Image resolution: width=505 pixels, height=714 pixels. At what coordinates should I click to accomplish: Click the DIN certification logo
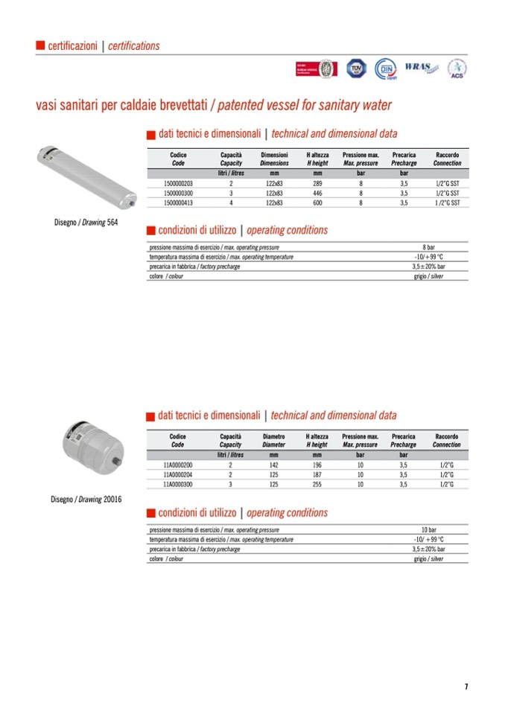pyautogui.click(x=385, y=68)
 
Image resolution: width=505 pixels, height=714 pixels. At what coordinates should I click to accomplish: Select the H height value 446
pyautogui.click(x=317, y=192)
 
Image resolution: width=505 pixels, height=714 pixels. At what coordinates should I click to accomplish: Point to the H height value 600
pyautogui.click(x=317, y=202)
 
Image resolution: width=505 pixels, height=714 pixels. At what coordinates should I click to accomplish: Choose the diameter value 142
pyautogui.click(x=273, y=465)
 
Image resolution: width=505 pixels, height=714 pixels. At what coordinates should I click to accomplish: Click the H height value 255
pyautogui.click(x=317, y=484)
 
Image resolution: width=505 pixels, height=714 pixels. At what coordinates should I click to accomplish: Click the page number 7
pyautogui.click(x=466, y=686)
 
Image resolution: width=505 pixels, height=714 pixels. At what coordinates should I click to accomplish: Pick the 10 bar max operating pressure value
pyautogui.click(x=428, y=529)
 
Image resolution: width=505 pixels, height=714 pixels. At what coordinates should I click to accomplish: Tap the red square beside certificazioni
pyautogui.click(x=40, y=45)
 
